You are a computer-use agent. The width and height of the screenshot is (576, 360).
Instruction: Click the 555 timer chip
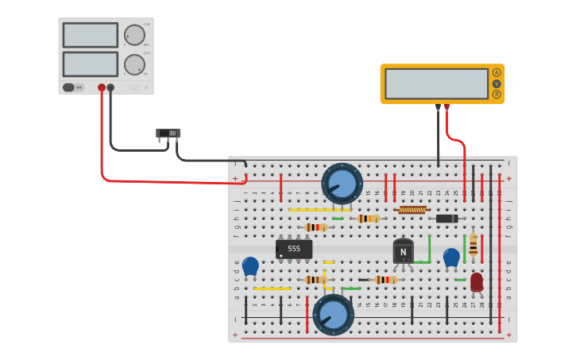click(x=294, y=249)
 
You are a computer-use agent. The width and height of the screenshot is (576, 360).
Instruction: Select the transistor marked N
click(x=404, y=251)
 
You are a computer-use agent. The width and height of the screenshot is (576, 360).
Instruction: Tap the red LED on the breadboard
click(x=476, y=281)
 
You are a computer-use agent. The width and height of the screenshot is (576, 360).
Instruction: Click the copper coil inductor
click(x=412, y=211)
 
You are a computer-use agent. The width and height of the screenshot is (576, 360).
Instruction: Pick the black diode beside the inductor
click(x=446, y=219)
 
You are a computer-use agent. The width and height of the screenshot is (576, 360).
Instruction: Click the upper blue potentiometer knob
click(x=342, y=184)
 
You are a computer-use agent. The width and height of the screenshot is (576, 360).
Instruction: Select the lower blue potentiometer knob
click(x=333, y=315)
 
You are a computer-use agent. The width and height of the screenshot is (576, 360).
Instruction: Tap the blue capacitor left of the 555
click(x=250, y=266)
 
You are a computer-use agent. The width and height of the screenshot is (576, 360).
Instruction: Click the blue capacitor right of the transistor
click(x=451, y=257)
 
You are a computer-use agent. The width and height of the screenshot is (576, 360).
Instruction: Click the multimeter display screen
click(x=436, y=83)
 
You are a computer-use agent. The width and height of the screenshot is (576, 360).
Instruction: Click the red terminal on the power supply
click(x=102, y=87)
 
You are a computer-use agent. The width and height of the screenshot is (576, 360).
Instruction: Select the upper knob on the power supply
click(x=134, y=35)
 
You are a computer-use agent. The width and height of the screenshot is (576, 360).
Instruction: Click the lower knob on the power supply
click(x=134, y=64)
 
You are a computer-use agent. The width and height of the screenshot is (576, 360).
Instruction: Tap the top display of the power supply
click(x=91, y=35)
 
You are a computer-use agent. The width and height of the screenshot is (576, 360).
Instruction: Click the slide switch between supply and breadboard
click(x=168, y=134)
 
